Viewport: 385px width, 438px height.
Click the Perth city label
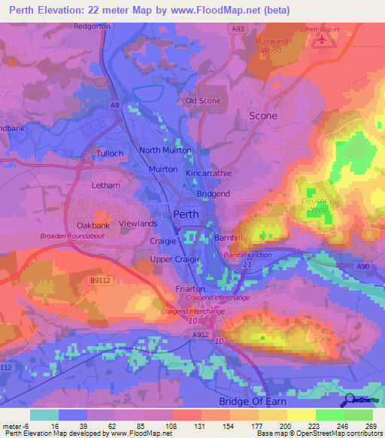(186, 214)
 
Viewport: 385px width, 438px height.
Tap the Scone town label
(263, 116)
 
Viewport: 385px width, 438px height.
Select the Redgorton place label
(92, 26)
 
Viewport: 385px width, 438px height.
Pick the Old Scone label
(203, 101)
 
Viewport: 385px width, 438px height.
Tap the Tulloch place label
(109, 154)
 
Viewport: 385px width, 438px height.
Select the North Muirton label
(165, 151)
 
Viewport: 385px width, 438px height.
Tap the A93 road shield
(238, 29)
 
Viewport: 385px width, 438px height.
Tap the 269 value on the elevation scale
(373, 425)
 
